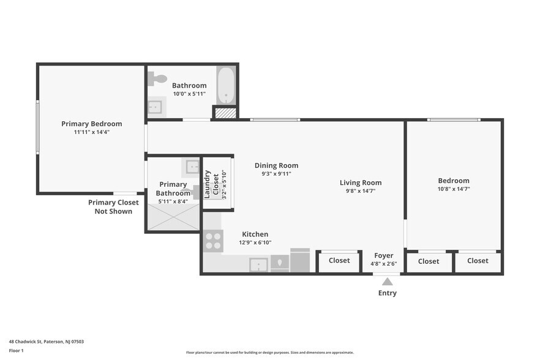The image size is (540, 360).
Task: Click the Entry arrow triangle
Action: [x=387, y=282]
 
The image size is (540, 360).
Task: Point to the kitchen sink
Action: [x=258, y=264]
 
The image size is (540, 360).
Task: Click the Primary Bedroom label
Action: [x=91, y=124]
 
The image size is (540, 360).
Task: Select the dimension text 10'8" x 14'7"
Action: [x=453, y=189]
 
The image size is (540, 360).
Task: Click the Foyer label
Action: [x=384, y=256]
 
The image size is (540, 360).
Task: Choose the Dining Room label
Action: [x=276, y=165]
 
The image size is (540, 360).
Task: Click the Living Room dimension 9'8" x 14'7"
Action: [x=361, y=191]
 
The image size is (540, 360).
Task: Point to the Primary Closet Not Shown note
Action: [x=113, y=207]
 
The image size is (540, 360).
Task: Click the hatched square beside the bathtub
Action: [x=225, y=113]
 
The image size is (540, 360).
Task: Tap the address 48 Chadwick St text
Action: [x=46, y=342]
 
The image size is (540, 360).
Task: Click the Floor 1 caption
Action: [x=16, y=351]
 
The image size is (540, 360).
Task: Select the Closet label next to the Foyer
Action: [x=339, y=261]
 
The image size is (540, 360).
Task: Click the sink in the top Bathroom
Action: [x=154, y=107]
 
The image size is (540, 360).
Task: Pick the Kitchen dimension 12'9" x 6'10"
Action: [x=255, y=242]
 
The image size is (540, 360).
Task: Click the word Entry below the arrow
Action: [x=387, y=293]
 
